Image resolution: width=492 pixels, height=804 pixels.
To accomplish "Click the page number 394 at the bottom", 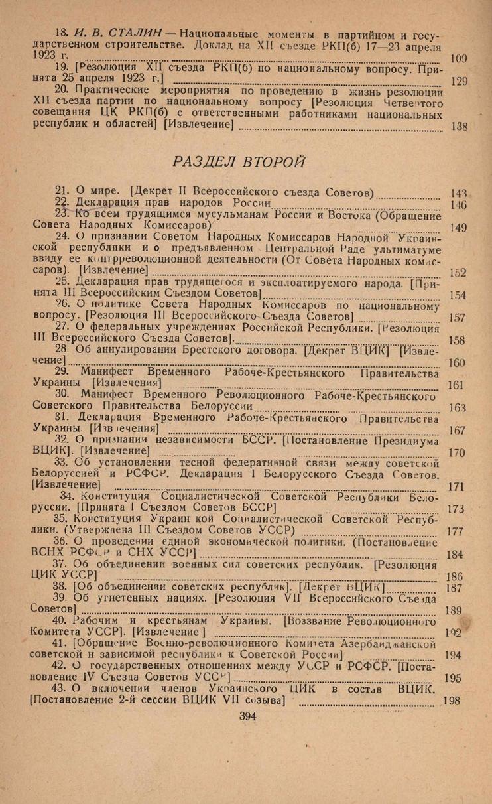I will pos(247,715).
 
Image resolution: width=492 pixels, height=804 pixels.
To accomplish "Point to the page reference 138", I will pos(458,127).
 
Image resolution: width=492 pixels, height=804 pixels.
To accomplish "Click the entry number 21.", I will pos(62,190).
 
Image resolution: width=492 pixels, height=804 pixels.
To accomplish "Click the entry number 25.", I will pos(62,282).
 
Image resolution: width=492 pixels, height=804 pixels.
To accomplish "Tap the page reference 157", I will pos(458,318).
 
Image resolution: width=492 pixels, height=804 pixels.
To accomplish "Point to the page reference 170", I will pos(457,454).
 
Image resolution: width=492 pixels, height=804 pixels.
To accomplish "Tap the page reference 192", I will pos(454,632).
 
